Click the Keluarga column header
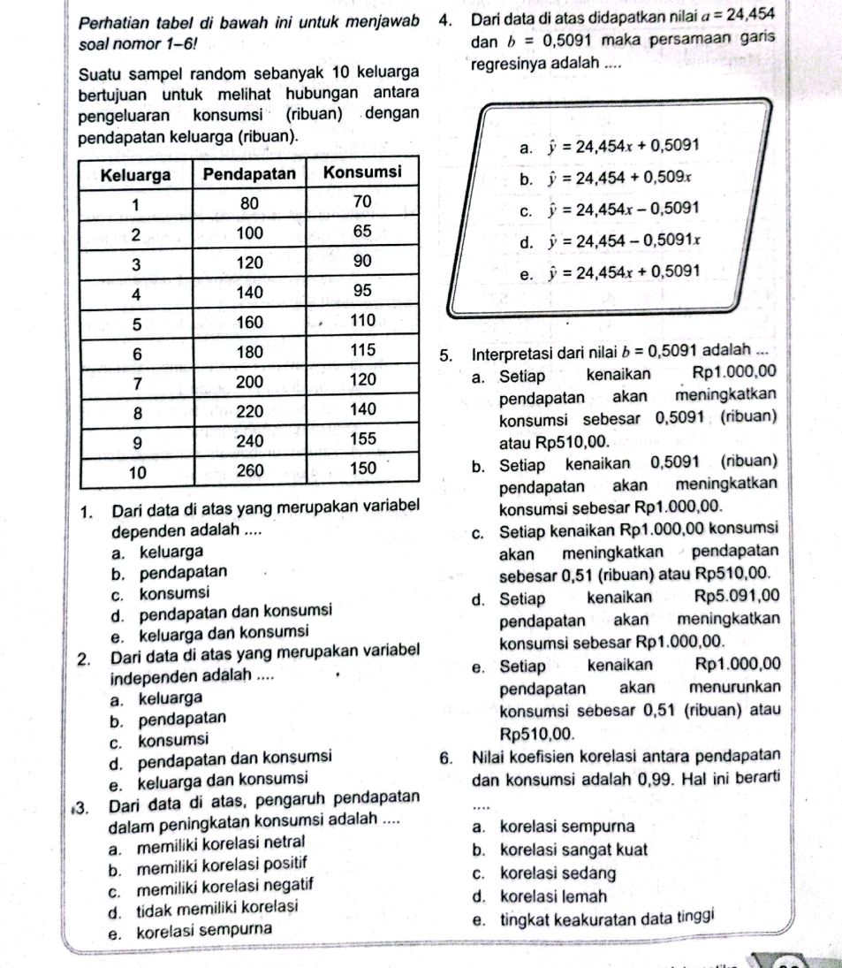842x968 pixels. coord(137,173)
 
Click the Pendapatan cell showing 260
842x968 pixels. coord(249,469)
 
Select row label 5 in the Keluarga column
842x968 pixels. coord(137,322)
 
